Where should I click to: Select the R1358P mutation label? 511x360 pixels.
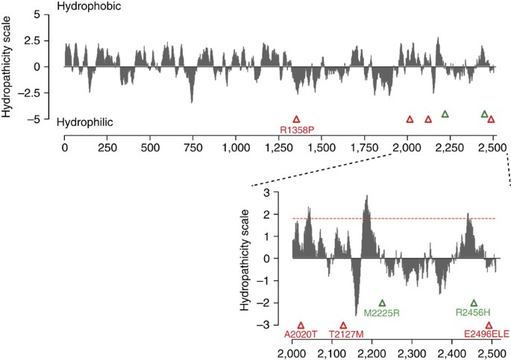click(297, 130)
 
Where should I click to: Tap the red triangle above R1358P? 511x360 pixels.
click(296, 119)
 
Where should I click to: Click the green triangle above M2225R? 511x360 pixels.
click(383, 303)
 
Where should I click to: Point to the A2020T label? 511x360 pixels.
click(301, 335)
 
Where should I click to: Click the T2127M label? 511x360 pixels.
click(343, 335)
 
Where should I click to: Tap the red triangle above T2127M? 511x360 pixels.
click(343, 326)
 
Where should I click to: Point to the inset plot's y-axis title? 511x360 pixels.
click(245, 259)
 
